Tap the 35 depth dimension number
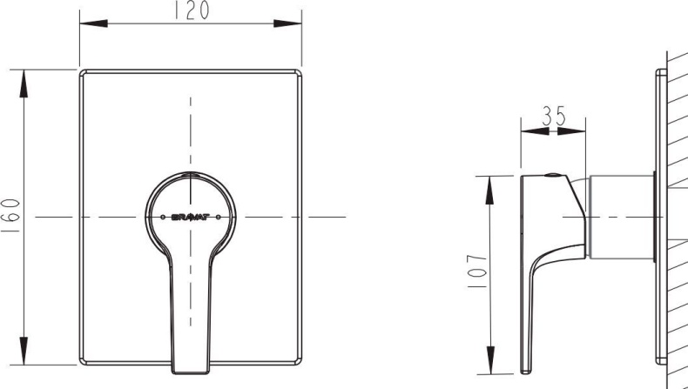(553, 117)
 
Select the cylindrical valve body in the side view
(622, 217)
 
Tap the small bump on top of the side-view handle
(550, 173)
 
